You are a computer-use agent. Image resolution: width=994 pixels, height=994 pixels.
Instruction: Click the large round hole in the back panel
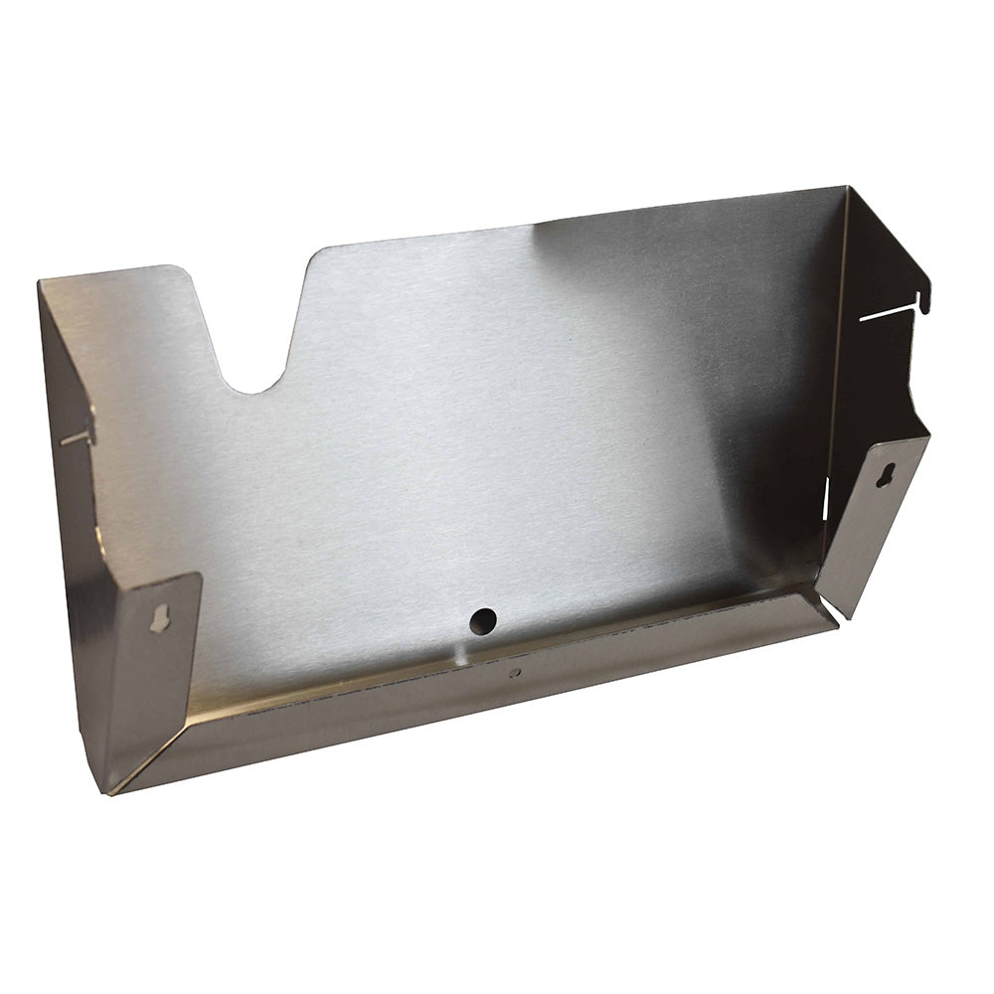(x=483, y=620)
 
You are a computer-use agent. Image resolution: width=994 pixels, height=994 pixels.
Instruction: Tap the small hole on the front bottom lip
(x=514, y=673)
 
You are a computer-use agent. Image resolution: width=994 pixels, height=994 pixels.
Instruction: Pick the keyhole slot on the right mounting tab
(x=888, y=471)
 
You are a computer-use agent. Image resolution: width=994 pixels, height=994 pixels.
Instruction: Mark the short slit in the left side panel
(x=76, y=436)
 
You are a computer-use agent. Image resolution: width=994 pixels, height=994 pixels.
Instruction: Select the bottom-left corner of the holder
(x=109, y=792)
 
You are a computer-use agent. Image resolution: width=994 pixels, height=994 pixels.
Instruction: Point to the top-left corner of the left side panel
(x=41, y=284)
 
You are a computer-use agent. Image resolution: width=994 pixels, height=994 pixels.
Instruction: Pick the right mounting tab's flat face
(x=875, y=517)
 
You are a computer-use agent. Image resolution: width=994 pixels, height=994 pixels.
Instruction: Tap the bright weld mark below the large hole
(x=459, y=653)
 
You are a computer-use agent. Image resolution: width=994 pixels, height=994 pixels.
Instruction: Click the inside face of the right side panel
(x=875, y=378)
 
